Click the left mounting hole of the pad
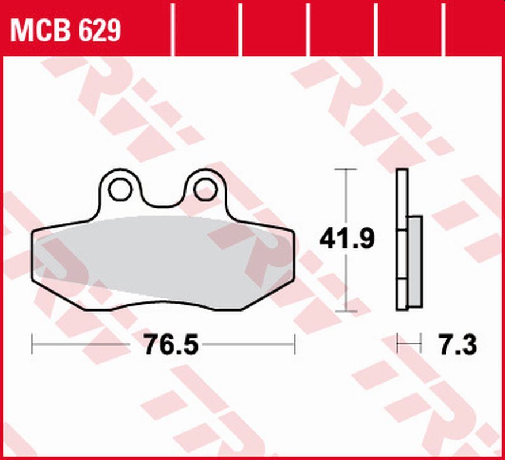click(120, 189)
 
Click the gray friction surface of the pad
click(161, 259)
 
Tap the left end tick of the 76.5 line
click(32, 344)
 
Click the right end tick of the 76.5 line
click(295, 344)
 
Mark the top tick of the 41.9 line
click(345, 170)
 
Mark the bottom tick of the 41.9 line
click(345, 312)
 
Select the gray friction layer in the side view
click(415, 262)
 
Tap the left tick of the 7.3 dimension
click(397, 344)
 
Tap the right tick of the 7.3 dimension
click(421, 344)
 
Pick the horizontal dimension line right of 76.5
click(248, 344)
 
